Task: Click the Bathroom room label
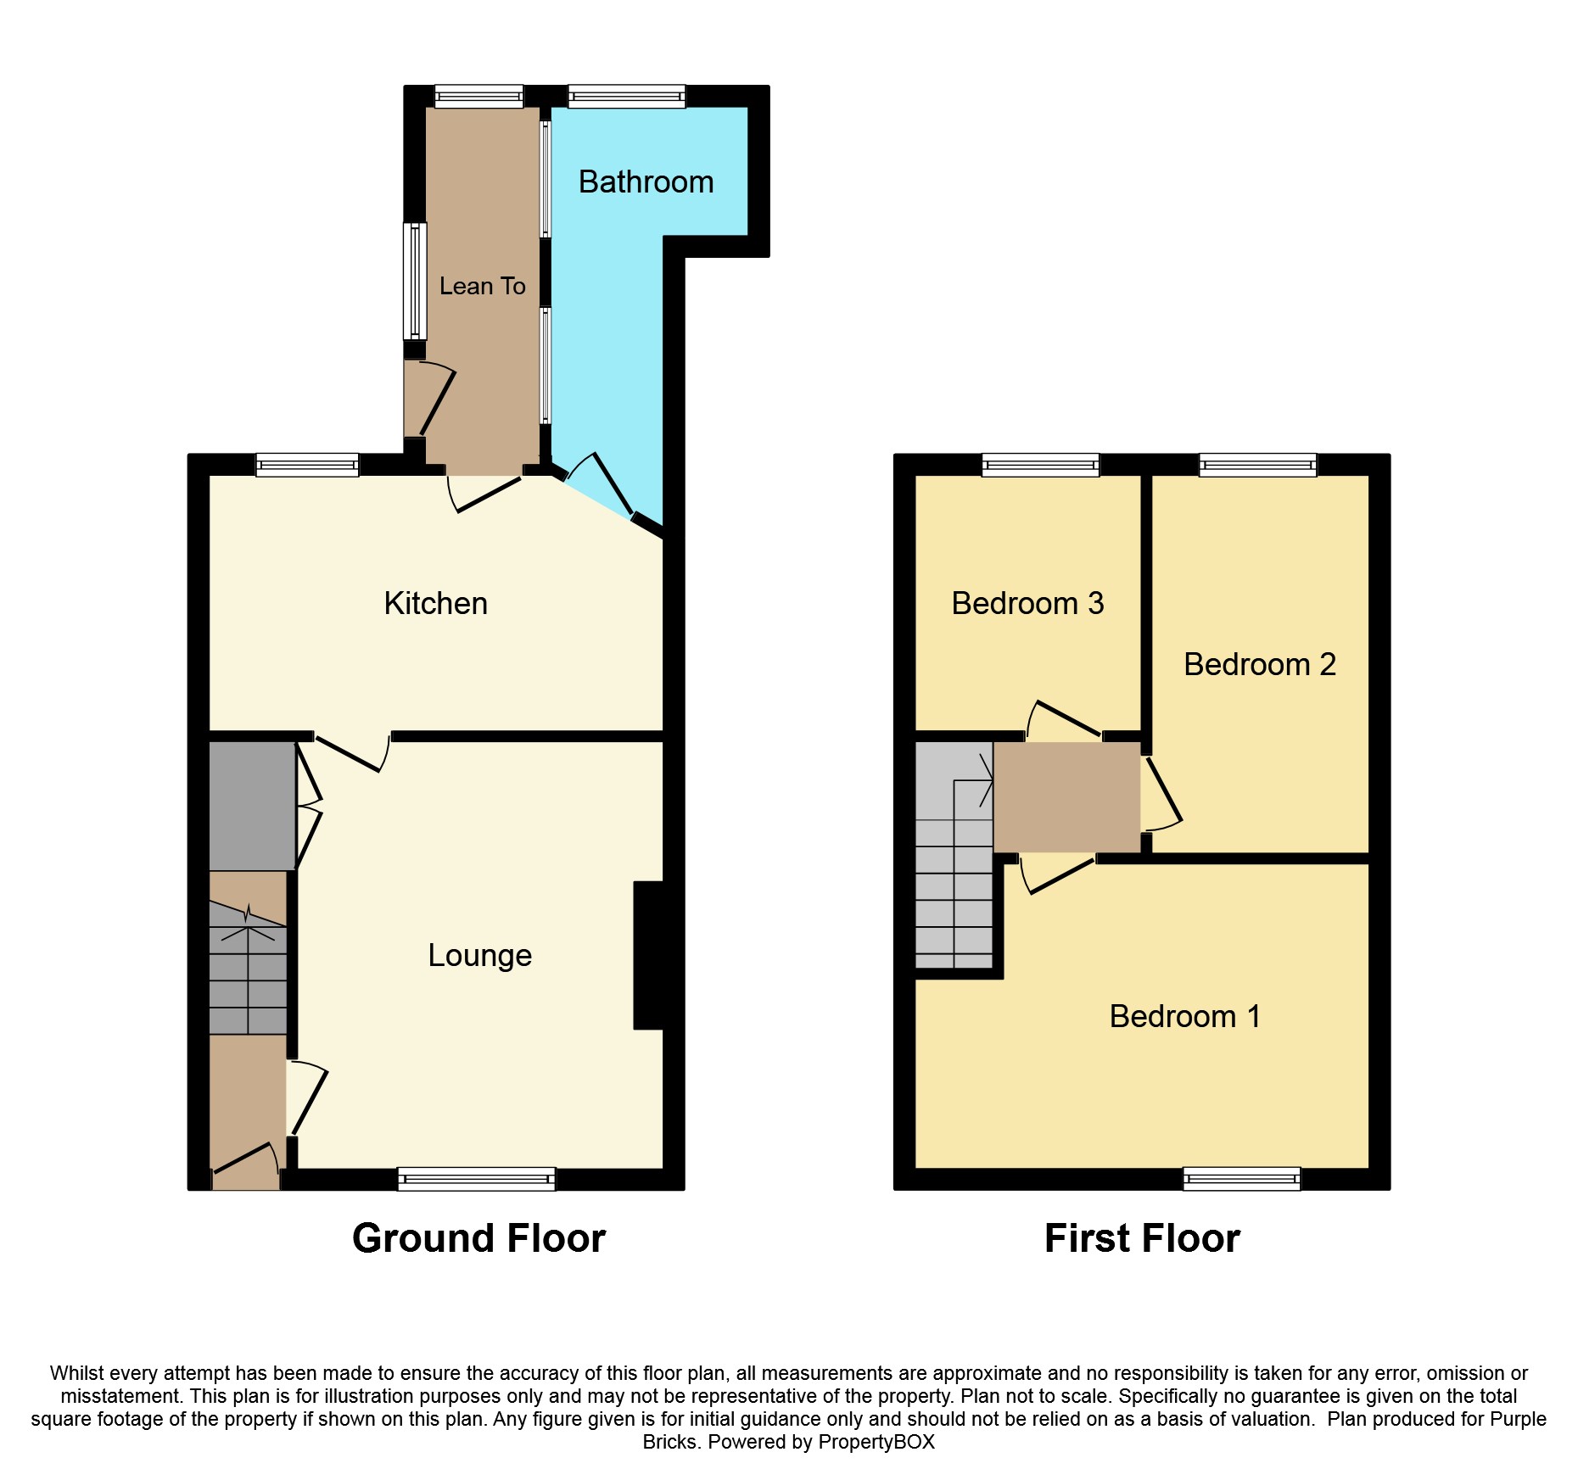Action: (646, 182)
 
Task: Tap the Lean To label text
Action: (482, 287)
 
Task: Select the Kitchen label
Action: (435, 604)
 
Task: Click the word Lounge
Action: (479, 956)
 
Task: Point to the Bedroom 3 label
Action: (1027, 604)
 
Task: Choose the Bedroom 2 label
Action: (1259, 665)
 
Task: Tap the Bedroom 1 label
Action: (1184, 1017)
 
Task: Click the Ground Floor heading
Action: (478, 1238)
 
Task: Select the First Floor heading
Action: (1142, 1238)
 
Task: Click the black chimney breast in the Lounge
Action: (649, 956)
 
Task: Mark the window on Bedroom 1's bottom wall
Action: (1241, 1178)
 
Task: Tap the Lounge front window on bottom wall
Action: (476, 1178)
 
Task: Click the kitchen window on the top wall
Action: (307, 465)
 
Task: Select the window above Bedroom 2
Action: (1257, 465)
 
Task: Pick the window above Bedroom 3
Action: (1040, 465)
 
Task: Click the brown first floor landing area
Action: (1066, 797)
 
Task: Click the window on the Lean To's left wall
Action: (414, 281)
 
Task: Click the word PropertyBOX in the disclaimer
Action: (876, 1442)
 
